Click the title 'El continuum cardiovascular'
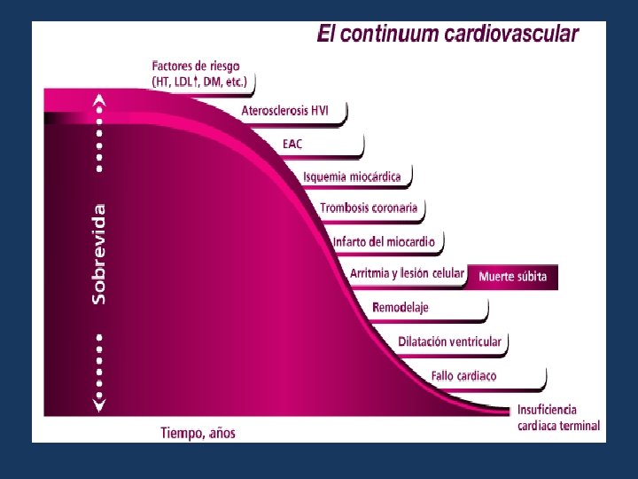(x=447, y=35)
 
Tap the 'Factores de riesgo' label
(x=196, y=67)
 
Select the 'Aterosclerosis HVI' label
(x=285, y=111)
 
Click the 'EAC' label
(x=292, y=144)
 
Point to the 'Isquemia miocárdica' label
(x=352, y=177)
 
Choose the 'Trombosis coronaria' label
(x=369, y=208)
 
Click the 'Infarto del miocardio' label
(x=384, y=241)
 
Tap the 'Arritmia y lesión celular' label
(x=407, y=273)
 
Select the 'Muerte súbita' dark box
(x=513, y=277)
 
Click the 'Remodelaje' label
(x=401, y=308)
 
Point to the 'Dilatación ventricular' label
(x=449, y=342)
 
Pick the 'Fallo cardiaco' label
(x=463, y=375)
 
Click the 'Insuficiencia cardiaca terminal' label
(x=558, y=418)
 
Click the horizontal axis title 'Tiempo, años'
(x=198, y=434)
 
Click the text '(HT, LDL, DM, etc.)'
(x=199, y=82)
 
